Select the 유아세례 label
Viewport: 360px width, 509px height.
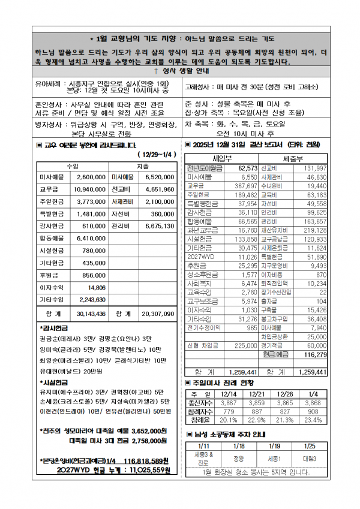[x=50, y=84]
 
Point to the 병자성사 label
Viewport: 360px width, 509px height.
[x=50, y=124]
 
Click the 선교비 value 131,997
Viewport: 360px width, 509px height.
[x=316, y=168]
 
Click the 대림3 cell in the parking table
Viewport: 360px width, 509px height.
[x=310, y=458]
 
